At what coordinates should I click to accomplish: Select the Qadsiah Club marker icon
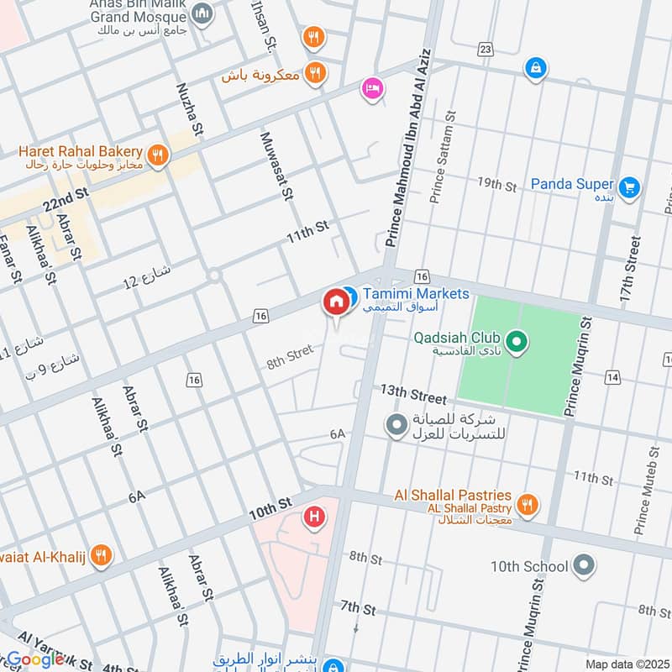518,340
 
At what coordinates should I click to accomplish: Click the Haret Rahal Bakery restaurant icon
156,155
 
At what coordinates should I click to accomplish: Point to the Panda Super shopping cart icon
628,186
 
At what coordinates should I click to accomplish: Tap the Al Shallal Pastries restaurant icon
527,504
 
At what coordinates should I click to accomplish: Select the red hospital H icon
315,515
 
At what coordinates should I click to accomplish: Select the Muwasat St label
276,165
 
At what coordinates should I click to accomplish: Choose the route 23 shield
486,50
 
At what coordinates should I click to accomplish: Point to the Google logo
35,659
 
